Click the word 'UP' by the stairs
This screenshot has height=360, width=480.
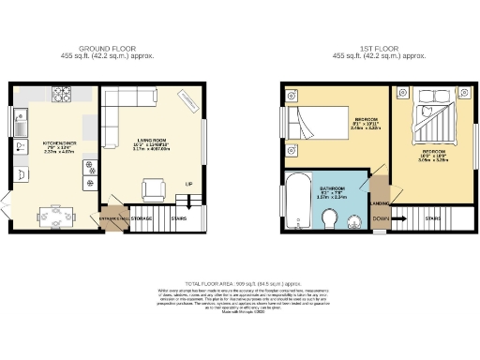point(188,183)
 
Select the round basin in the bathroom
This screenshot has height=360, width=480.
point(355,220)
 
